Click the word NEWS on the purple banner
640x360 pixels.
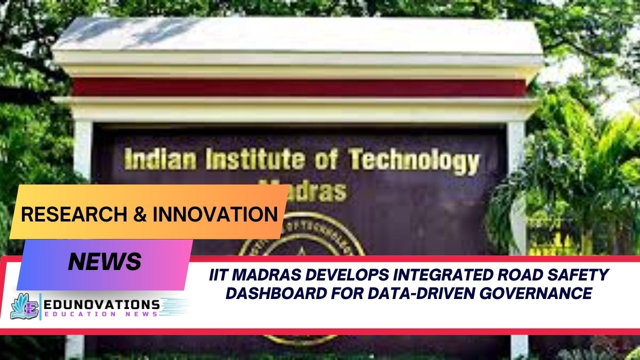click(104, 262)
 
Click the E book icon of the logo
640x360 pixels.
click(25, 306)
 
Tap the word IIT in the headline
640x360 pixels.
click(220, 274)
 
